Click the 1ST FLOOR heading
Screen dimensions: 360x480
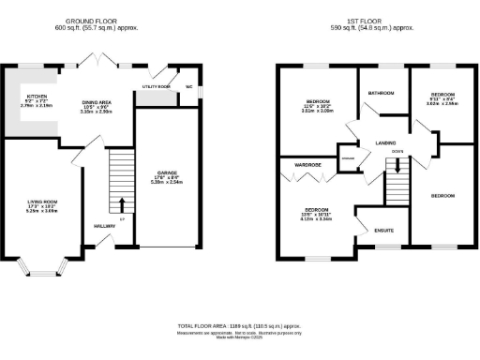(x=367, y=19)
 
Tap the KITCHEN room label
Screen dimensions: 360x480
(x=37, y=96)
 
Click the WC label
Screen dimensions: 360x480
(x=187, y=86)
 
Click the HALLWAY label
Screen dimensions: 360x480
(x=104, y=226)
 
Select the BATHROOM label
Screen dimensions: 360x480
(x=381, y=94)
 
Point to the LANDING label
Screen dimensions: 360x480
(x=385, y=142)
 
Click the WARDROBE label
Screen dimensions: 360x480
(x=308, y=164)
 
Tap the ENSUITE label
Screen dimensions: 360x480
(x=382, y=229)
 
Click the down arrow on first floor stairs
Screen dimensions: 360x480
(x=398, y=167)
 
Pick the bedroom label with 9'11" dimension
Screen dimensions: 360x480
(x=442, y=96)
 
